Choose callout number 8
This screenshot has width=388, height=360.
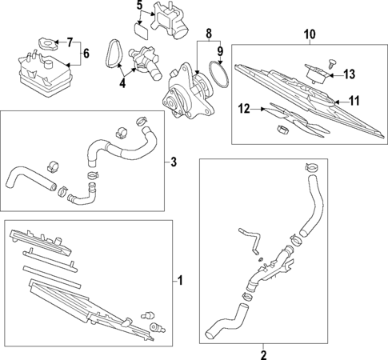point(209,34)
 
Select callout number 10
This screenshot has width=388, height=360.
point(308,34)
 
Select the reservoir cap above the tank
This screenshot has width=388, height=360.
point(49,41)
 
